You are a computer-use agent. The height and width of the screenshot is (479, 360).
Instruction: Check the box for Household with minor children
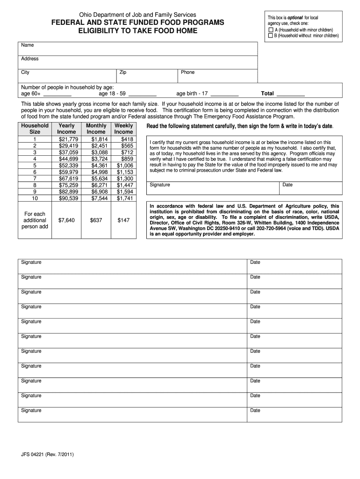[271, 29]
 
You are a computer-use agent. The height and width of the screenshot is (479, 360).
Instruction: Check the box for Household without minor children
[271, 35]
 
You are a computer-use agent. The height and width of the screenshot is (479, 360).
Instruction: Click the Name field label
[28, 45]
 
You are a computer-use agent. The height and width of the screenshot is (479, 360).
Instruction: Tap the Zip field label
[123, 73]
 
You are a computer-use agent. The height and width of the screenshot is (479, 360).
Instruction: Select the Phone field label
[187, 73]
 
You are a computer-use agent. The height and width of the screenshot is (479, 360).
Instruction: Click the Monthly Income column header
[96, 129]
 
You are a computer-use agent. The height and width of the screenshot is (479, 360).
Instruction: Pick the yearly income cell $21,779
[68, 139]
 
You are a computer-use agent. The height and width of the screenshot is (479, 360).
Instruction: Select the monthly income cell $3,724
[99, 159]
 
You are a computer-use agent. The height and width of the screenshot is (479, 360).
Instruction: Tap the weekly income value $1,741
[125, 198]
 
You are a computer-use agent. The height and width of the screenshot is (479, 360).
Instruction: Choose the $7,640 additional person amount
[66, 220]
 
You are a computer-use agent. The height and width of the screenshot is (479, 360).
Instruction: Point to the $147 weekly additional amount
[123, 220]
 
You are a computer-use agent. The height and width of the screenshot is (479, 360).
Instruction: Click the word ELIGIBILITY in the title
[98, 31]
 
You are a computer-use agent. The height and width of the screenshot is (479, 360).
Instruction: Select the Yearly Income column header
[66, 129]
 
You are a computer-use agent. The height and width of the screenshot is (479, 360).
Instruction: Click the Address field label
[29, 59]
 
